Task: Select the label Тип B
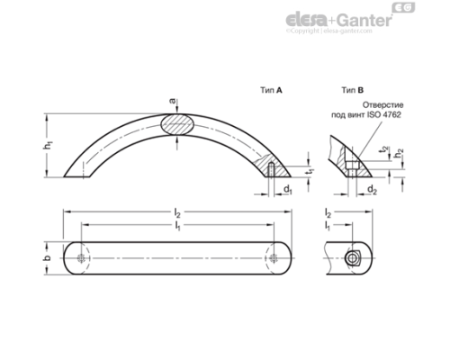pyautogui.click(x=352, y=91)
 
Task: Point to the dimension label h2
pyautogui.click(x=399, y=154)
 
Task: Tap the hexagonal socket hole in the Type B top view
pyautogui.click(x=353, y=257)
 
